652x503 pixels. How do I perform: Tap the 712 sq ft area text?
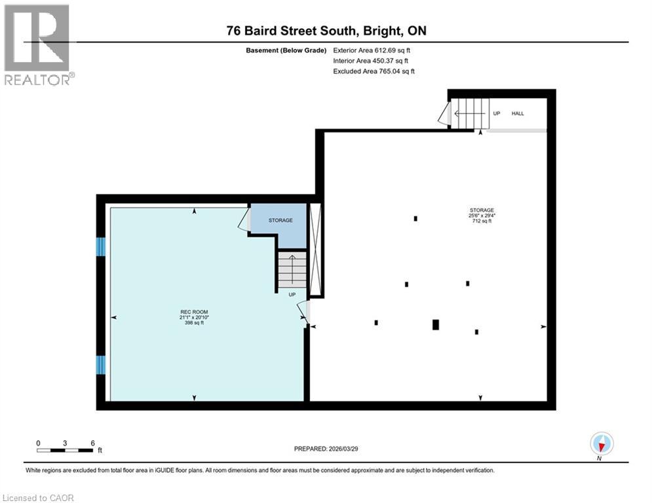coord(482,221)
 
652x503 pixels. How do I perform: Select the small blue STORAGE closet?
coord(280,223)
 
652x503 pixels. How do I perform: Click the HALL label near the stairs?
coord(518,113)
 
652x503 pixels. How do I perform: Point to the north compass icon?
coord(601,443)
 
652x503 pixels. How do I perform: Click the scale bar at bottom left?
coord(65,449)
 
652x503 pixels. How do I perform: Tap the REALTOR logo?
coord(37,45)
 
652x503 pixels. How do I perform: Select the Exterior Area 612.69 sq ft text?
coord(372,50)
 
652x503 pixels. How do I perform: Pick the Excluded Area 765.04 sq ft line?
coord(374,71)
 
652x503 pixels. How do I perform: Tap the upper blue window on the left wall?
coord(101,246)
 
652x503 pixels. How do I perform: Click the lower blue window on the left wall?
coord(101,365)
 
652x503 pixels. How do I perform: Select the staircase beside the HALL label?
coord(471,113)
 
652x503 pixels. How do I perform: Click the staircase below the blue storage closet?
coord(292,269)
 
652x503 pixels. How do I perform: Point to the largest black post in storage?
coord(436,324)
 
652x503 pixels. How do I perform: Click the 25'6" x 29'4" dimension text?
coord(482,215)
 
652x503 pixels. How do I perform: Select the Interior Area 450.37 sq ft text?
coord(370,60)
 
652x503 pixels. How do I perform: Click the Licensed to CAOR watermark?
coord(38,498)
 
